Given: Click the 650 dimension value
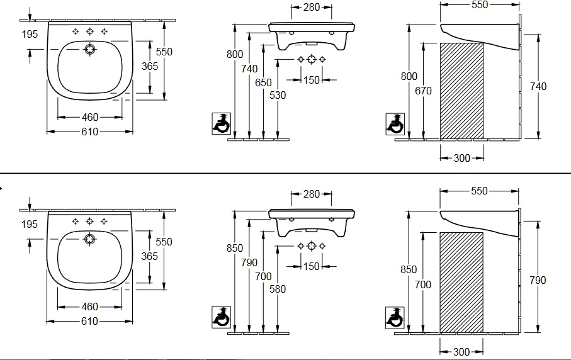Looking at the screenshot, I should [x=264, y=83].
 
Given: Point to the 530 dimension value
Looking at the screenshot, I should [x=278, y=95].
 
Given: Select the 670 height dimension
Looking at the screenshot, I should [x=423, y=91].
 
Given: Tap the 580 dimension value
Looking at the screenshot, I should [x=278, y=289].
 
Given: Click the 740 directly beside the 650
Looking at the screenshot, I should [x=249, y=69].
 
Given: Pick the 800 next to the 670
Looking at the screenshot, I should [x=409, y=76].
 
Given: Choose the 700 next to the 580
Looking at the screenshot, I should [x=264, y=276].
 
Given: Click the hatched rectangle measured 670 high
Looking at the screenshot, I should [x=461, y=90].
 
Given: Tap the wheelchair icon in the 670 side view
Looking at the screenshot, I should [x=395, y=124].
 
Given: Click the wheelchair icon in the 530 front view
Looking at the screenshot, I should [x=221, y=124].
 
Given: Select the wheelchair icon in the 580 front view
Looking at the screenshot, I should [x=221, y=317].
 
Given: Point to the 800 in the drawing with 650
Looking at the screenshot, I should [x=234, y=55].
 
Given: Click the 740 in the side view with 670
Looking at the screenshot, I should [x=538, y=86].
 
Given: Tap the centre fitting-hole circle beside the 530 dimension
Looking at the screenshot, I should [x=311, y=60].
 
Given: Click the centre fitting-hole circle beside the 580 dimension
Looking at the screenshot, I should [x=311, y=246].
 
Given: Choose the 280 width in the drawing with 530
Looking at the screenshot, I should [x=311, y=8].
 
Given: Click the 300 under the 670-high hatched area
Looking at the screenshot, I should [x=461, y=158].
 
